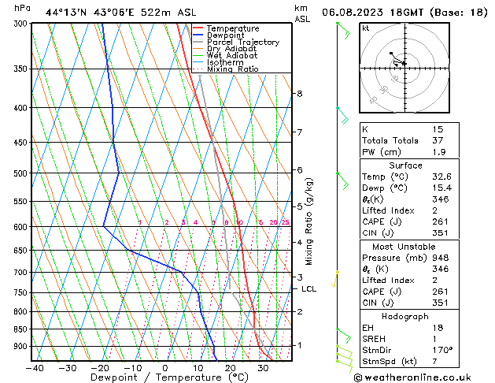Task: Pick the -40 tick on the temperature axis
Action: click(34, 367)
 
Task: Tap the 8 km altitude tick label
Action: click(300, 94)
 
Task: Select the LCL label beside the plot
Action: click(309, 289)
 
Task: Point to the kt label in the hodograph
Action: click(366, 28)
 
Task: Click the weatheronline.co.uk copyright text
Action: click(422, 377)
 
